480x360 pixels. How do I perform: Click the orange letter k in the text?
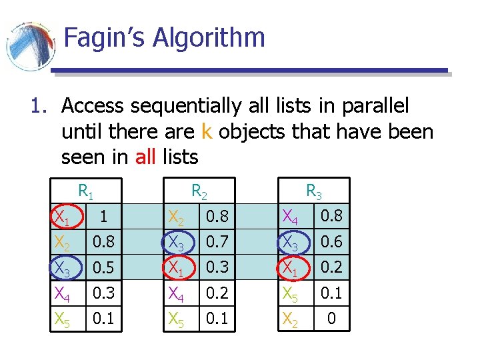(205, 131)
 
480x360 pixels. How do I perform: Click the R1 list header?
(85, 192)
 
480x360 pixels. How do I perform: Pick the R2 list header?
(199, 192)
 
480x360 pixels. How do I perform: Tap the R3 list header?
(313, 192)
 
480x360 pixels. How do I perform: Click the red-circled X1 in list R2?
(177, 267)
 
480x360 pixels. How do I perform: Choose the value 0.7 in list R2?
(217, 242)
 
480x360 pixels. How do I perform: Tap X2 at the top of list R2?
(177, 217)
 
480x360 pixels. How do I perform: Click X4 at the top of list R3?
(291, 216)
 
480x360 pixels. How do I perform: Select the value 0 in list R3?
(331, 319)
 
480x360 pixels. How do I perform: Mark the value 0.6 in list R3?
(331, 242)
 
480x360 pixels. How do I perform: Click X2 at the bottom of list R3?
(291, 319)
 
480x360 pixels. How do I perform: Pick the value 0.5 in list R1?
(102, 267)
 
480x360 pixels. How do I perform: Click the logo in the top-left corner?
(30, 45)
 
